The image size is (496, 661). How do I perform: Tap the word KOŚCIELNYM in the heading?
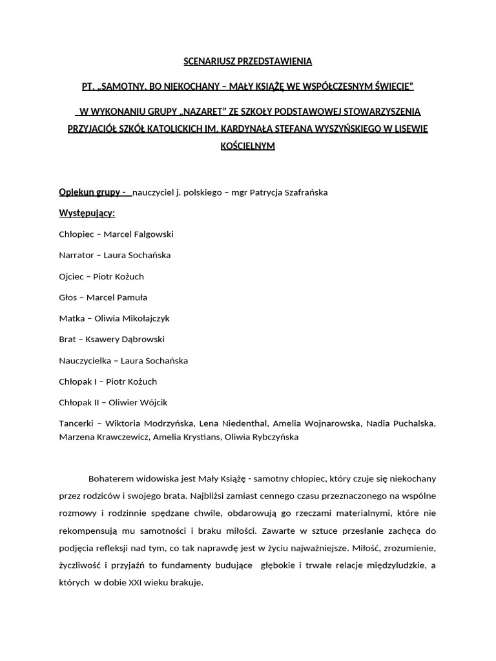[x=248, y=146]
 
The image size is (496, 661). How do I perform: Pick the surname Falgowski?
[x=152, y=234]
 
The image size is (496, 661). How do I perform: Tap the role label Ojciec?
[x=72, y=276]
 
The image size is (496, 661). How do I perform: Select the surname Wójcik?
[x=152, y=403]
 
